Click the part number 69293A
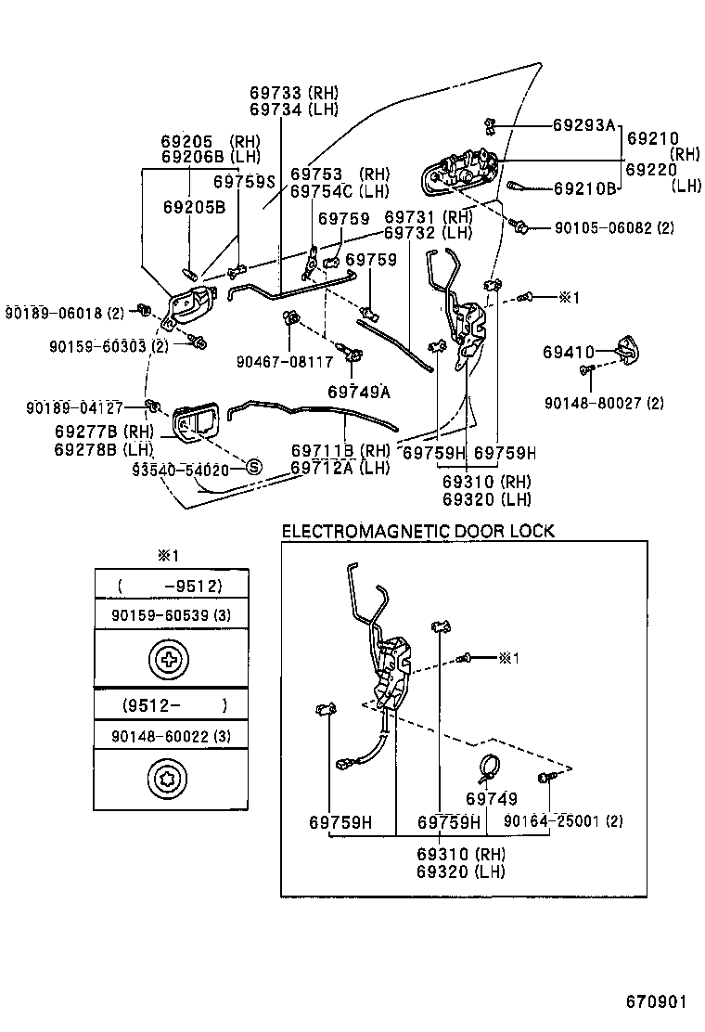point(584,124)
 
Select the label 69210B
point(585,188)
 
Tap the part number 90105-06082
point(601,227)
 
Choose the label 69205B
point(194,206)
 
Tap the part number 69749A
point(358,391)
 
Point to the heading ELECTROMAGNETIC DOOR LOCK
point(417,532)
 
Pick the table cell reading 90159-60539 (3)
point(172,614)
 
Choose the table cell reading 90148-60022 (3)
point(172,735)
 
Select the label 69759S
point(244,183)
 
